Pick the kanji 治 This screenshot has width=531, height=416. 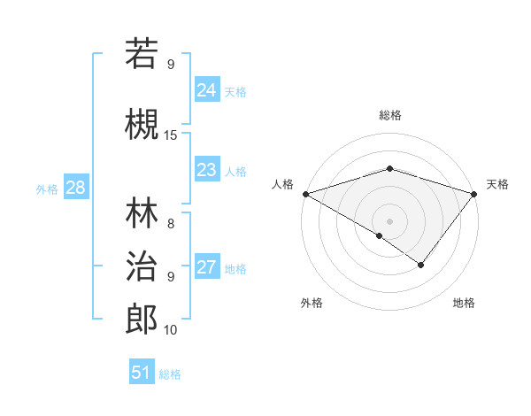(142, 266)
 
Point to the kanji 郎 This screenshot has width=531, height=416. (142, 320)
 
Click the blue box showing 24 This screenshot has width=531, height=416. (206, 90)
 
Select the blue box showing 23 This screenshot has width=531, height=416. (206, 170)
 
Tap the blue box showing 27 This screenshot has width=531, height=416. (206, 267)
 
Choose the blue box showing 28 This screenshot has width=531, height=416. (75, 188)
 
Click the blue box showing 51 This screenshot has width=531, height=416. (142, 373)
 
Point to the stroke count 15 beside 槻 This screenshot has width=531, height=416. (171, 135)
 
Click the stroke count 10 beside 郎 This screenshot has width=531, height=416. (171, 329)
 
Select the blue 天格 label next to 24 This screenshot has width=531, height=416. (235, 91)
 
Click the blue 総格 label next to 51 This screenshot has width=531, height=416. (170, 374)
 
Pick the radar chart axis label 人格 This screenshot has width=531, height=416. (283, 184)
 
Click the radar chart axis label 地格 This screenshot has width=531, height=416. (464, 303)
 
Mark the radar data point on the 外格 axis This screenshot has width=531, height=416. (380, 235)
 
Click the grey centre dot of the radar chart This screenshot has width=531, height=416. (389, 220)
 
